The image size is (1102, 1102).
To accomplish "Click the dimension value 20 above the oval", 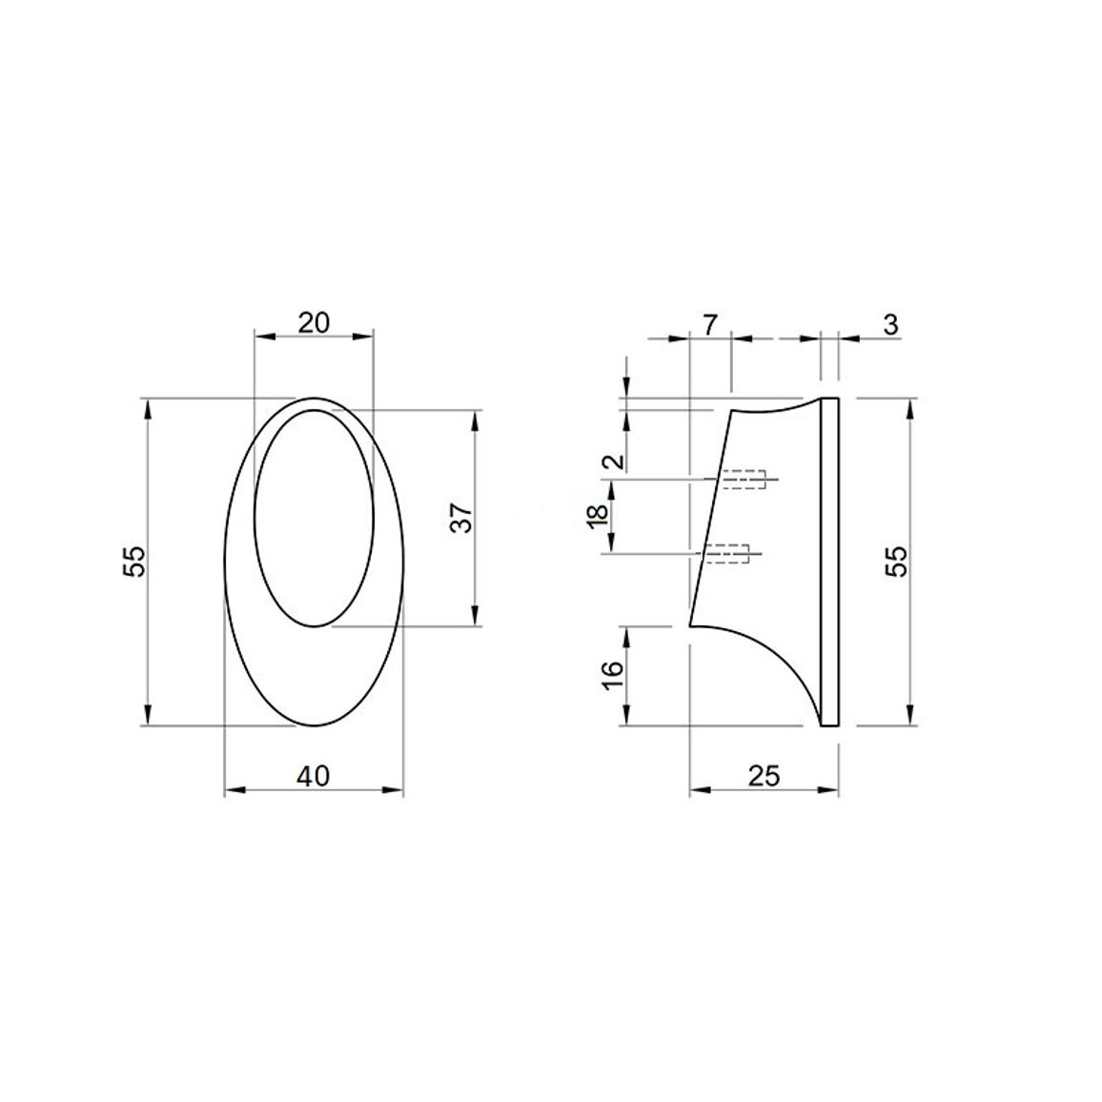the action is [x=314, y=323].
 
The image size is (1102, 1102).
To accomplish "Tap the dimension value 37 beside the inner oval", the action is [x=461, y=518].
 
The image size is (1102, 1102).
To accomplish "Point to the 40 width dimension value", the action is [x=313, y=776].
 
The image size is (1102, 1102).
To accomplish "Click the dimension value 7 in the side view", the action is [x=710, y=325].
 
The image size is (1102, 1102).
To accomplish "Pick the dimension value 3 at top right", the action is [x=890, y=325].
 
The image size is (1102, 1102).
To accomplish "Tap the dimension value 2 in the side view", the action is [x=615, y=461].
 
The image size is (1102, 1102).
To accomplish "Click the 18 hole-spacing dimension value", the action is [x=598, y=517].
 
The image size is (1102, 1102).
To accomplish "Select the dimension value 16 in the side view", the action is [x=613, y=675].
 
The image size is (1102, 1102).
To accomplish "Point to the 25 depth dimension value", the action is [x=764, y=776].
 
